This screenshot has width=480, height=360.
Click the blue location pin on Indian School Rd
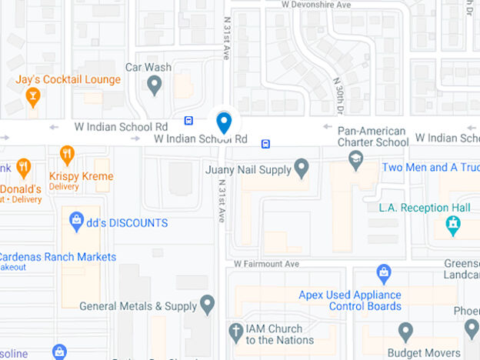[224, 122]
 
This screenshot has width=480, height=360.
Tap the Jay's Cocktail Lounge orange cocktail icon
[32, 96]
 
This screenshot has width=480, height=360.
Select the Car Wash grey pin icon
[155, 84]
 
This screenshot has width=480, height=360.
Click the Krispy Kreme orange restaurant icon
[67, 155]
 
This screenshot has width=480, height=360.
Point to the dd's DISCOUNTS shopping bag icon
[76, 222]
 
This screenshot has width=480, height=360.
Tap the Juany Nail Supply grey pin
[302, 168]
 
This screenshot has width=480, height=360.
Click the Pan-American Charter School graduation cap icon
[355, 160]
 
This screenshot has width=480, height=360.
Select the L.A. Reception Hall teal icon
[453, 225]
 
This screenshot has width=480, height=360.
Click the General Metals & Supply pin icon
[207, 305]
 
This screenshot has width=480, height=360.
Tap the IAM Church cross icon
[236, 333]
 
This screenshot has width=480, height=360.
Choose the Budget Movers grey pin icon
[406, 332]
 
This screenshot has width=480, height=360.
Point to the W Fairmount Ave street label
[266, 264]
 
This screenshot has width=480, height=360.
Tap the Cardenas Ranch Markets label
[58, 257]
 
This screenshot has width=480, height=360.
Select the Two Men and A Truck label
[431, 167]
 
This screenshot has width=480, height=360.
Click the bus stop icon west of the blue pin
[188, 120]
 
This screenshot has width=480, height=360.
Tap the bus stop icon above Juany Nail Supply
[265, 143]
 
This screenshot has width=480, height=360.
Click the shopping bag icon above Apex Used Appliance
[383, 272]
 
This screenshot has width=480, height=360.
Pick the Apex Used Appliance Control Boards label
[350, 301]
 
